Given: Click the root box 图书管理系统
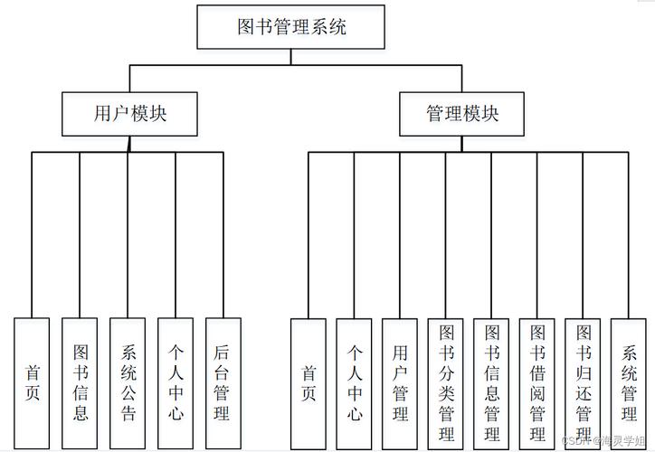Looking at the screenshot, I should pyautogui.click(x=291, y=27).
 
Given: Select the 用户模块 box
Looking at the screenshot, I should pyautogui.click(x=129, y=114).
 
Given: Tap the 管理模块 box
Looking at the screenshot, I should pyautogui.click(x=461, y=114).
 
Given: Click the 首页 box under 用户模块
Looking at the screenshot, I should pyautogui.click(x=33, y=383).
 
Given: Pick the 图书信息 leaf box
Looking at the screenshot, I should pyautogui.click(x=80, y=383).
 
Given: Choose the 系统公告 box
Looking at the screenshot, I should pyautogui.click(x=128, y=383).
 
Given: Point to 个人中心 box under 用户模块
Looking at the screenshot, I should pyautogui.click(x=176, y=383).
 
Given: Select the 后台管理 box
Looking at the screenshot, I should pyautogui.click(x=223, y=383).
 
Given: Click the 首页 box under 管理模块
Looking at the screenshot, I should pyautogui.click(x=309, y=383).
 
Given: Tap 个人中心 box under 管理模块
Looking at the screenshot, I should pyautogui.click(x=354, y=383).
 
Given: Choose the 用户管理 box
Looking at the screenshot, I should pyautogui.click(x=400, y=383).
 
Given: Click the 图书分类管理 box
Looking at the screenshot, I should pyautogui.click(x=446, y=383).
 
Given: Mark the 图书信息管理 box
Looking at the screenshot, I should pyautogui.click(x=491, y=383).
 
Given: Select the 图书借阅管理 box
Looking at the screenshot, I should pyautogui.click(x=537, y=383).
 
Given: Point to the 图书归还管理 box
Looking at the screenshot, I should pyautogui.click(x=584, y=383).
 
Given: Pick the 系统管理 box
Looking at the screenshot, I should pyautogui.click(x=629, y=383).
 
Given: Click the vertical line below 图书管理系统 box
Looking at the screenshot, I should pyautogui.click(x=291, y=57).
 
